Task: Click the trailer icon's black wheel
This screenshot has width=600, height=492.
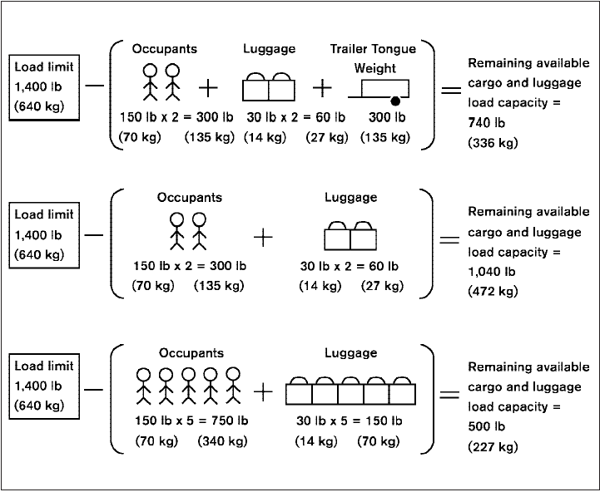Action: (x=409, y=101)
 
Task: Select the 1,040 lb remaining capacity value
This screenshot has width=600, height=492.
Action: (x=491, y=271)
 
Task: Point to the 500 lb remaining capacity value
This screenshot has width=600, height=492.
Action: (x=485, y=427)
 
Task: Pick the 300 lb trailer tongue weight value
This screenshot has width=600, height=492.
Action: (x=387, y=117)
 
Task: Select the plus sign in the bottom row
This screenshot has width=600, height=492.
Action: (x=263, y=391)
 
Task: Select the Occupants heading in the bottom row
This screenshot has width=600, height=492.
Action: (x=190, y=353)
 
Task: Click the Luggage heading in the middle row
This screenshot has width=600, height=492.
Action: (x=350, y=198)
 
